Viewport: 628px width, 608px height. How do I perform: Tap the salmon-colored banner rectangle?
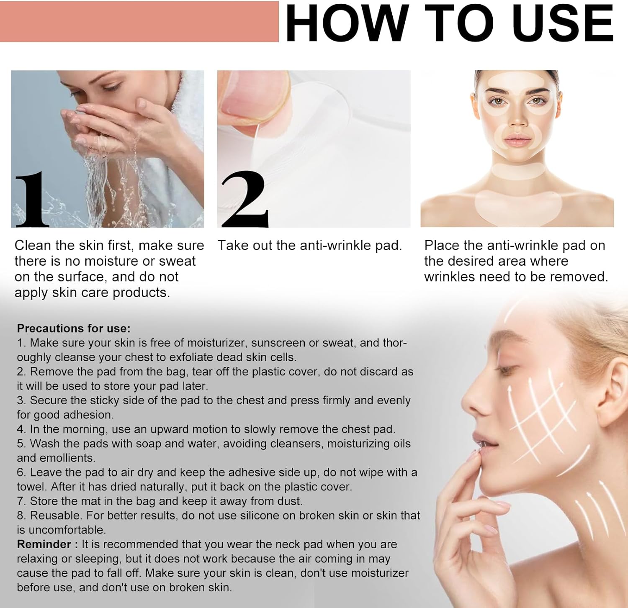click(x=139, y=21)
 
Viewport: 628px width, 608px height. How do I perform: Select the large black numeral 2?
click(x=245, y=199)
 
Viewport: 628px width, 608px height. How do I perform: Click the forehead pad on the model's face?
click(x=517, y=81)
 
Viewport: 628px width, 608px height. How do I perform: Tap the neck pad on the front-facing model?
click(x=518, y=171)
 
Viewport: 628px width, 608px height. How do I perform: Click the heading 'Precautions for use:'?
click(x=74, y=328)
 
